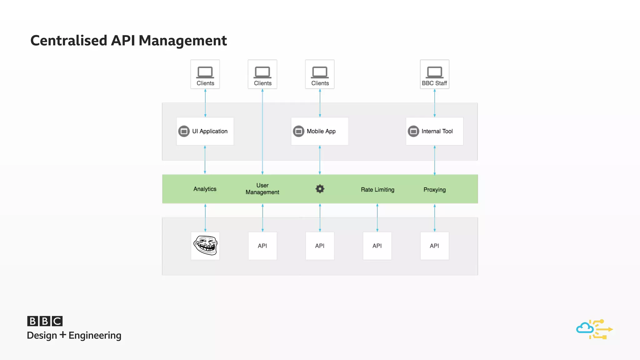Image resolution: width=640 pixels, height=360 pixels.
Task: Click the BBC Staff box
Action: [x=434, y=74]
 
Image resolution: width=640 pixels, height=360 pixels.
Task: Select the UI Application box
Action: [x=205, y=131]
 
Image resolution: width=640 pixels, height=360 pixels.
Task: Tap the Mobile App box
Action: [x=319, y=131]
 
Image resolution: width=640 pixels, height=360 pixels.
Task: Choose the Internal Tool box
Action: [x=434, y=131]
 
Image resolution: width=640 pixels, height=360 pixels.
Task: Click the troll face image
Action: [x=205, y=246]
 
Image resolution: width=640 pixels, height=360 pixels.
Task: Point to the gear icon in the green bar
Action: [x=320, y=189]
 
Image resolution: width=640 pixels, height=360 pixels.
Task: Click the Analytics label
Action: [x=205, y=189]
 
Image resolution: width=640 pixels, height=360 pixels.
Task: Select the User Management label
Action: [x=262, y=189]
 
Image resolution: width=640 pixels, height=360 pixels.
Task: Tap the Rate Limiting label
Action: [x=377, y=190]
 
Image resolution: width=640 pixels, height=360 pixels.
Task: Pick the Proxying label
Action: [x=434, y=190]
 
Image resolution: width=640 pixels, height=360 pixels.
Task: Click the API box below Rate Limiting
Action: [x=377, y=246]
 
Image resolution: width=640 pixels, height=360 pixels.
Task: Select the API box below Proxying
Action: [x=434, y=246]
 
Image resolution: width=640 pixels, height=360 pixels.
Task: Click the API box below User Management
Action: [x=262, y=246]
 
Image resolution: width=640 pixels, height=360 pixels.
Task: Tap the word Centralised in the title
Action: [x=69, y=41]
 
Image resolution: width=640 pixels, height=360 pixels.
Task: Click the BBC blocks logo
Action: [x=45, y=321]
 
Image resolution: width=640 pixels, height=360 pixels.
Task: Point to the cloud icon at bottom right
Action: [x=585, y=328]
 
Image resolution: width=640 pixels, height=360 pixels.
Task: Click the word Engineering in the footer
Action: [x=95, y=335]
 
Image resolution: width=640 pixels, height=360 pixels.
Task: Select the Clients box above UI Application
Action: [x=205, y=74]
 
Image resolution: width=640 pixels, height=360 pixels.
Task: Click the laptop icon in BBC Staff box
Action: [x=434, y=72]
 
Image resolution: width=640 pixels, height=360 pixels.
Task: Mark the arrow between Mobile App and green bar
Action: [x=320, y=160]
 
